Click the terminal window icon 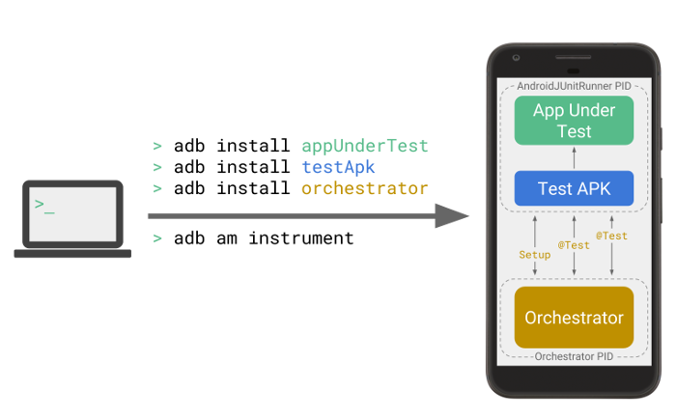click(73, 214)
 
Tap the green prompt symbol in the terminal click(43, 205)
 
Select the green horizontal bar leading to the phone click(396, 146)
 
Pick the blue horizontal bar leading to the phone click(396, 166)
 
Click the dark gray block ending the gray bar click(460, 216)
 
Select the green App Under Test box click(574, 121)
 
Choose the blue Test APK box click(574, 188)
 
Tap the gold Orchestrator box click(574, 318)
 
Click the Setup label click(534, 255)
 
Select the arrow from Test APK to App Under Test click(574, 157)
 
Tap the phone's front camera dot click(518, 58)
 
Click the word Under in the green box click(592, 110)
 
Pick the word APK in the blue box click(593, 188)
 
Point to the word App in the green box click(549, 110)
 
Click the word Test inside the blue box click(554, 188)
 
